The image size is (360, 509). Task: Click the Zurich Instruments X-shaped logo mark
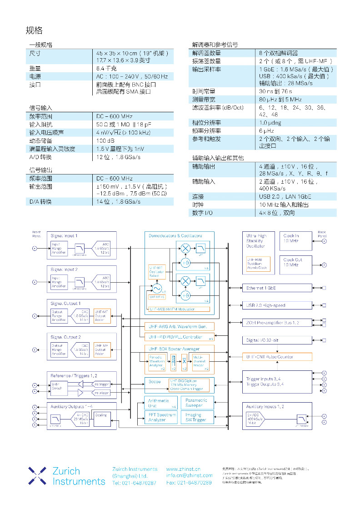[x=37, y=475]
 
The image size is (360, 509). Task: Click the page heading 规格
[x=34, y=30]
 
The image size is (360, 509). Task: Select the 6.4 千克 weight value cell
[x=106, y=68]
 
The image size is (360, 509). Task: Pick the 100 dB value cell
[x=105, y=140]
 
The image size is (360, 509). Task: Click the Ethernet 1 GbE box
[x=277, y=288]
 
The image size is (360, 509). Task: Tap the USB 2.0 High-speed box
[x=277, y=305]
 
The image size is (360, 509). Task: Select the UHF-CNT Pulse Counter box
[x=277, y=357]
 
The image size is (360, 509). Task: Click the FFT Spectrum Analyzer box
[x=162, y=417]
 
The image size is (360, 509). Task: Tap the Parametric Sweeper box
[x=198, y=403]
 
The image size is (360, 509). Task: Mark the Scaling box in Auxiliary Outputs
[x=101, y=415]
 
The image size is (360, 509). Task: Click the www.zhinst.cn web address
[x=184, y=469]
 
